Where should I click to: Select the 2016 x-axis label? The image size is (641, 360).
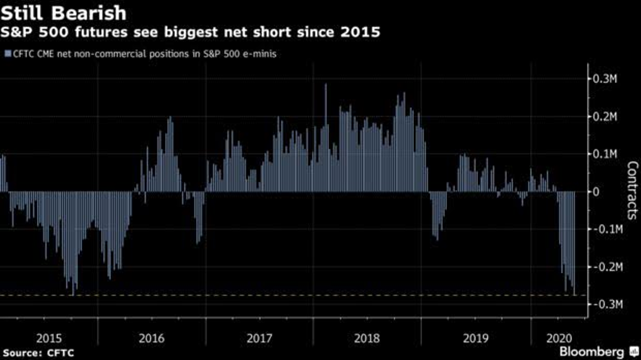tap(151, 339)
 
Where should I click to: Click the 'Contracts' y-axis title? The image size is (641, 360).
tap(632, 191)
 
